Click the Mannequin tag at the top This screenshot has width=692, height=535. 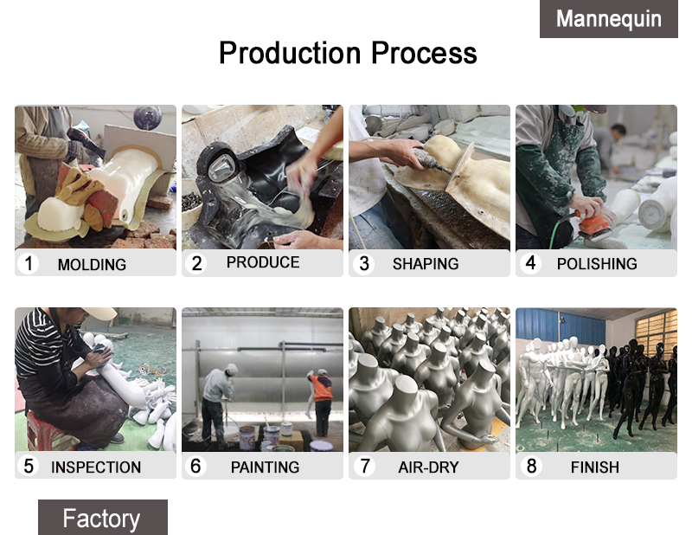609,18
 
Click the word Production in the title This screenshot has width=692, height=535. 290,53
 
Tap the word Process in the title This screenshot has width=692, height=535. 424,53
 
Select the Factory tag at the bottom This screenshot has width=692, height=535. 102,518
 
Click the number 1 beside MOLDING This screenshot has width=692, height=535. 29,263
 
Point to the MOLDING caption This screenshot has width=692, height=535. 92,265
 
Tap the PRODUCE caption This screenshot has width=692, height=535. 263,262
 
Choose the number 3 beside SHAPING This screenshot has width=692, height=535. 364,264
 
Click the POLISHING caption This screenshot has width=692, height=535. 597,264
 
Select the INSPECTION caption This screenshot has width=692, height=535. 96,467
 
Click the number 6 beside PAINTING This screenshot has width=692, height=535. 195,466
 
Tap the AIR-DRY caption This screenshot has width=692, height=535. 428,467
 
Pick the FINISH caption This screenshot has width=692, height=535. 595,467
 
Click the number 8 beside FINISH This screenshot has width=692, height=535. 531,466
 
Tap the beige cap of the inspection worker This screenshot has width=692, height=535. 99,313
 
